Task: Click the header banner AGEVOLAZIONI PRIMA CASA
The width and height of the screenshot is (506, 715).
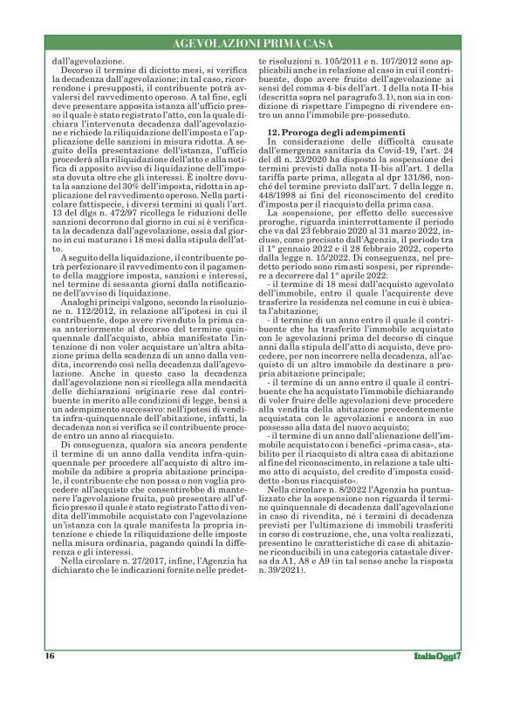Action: tap(252, 42)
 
